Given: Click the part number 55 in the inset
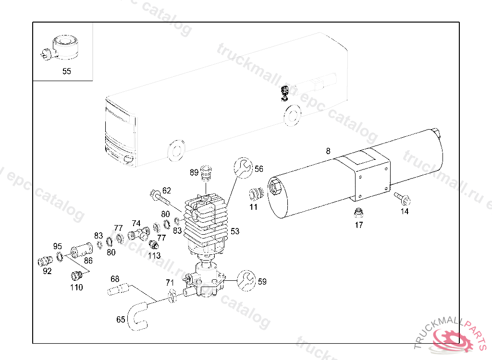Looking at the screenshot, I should click(66, 72).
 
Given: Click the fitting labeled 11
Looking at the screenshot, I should click(256, 194).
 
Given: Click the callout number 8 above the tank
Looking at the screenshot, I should click(328, 151).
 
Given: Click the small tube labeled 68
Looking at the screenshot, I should click(118, 289).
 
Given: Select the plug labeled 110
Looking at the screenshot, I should click(75, 276).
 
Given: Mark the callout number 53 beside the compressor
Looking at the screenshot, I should click(234, 231).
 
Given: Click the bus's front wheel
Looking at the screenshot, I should click(176, 150).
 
